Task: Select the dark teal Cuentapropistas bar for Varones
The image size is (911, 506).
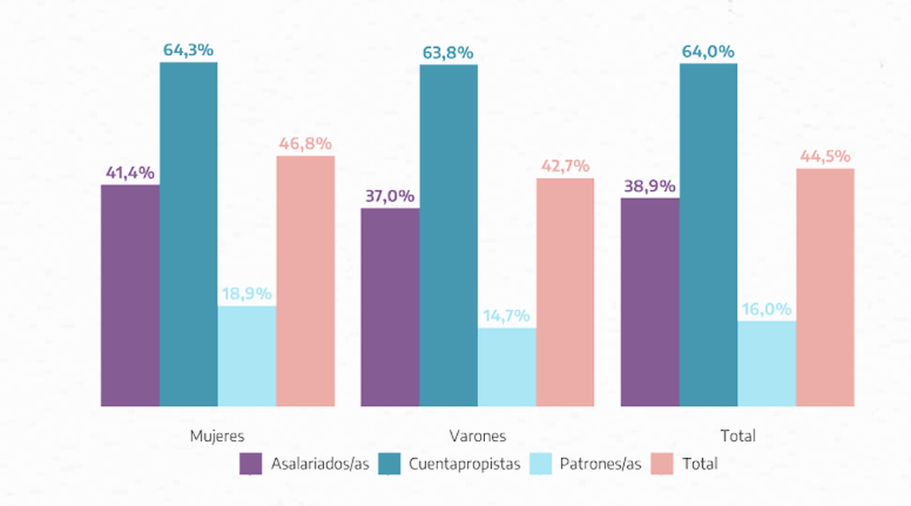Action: tap(448, 235)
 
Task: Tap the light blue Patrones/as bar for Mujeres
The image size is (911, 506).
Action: tap(247, 356)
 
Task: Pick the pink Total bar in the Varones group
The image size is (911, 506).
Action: tap(565, 292)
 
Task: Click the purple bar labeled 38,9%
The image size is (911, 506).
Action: tap(650, 302)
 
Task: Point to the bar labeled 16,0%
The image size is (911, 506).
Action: tap(767, 363)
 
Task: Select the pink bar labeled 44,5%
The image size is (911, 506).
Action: tap(825, 287)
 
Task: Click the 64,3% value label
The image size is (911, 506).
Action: tap(188, 50)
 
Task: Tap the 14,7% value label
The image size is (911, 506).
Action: tap(506, 316)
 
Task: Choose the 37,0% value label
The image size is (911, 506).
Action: tap(389, 196)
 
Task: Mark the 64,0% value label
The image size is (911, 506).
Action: tap(708, 52)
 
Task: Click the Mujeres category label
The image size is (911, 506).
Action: tap(217, 436)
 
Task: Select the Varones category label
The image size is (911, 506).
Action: tap(478, 436)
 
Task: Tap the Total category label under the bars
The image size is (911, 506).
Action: tap(738, 436)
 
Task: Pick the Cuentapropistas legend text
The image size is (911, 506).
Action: tap(464, 463)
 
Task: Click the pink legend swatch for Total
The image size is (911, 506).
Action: tap(662, 463)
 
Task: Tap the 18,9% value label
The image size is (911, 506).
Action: tap(247, 294)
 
